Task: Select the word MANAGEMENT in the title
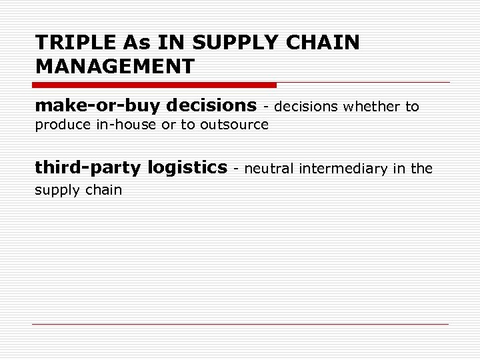pos(115,66)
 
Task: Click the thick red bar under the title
pos(154,85)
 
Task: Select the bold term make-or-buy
pos(97,105)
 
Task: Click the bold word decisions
pos(211,105)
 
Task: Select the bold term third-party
pos(88,167)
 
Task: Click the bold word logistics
pos(187,167)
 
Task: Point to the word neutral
pos(269,169)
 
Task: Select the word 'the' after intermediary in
pos(421,169)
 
